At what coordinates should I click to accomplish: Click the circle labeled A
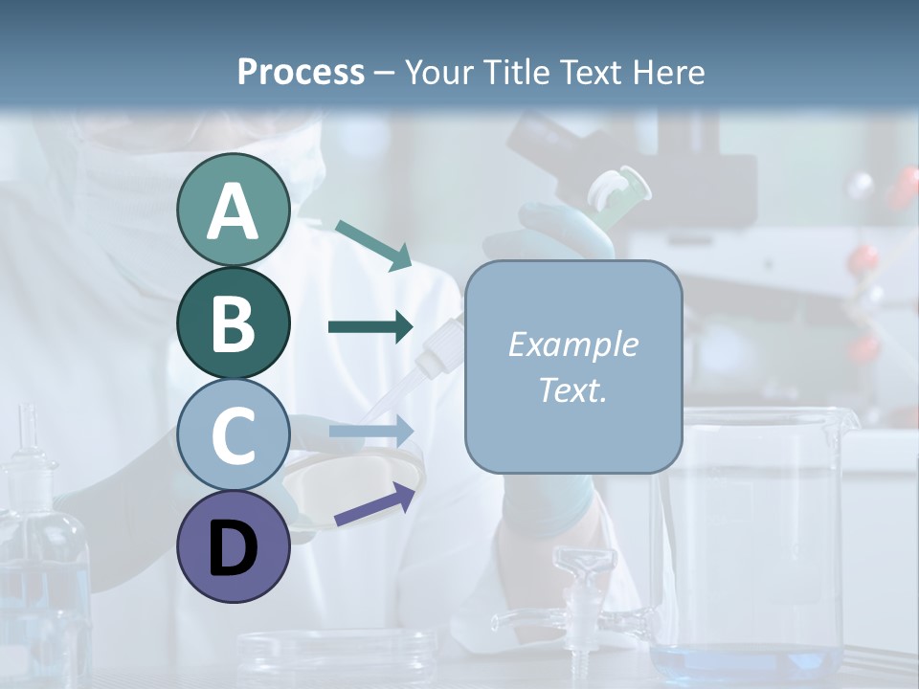click(233, 211)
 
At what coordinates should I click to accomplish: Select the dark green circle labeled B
click(233, 322)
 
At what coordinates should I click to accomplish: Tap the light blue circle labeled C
click(233, 434)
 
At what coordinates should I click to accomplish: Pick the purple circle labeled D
click(233, 546)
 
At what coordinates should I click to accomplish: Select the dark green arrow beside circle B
click(370, 327)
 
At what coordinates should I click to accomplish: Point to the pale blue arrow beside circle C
click(370, 431)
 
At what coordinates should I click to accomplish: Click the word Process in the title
click(301, 72)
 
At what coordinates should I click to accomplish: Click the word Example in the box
click(573, 344)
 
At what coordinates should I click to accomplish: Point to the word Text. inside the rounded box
click(573, 389)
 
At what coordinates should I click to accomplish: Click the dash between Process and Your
click(384, 73)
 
